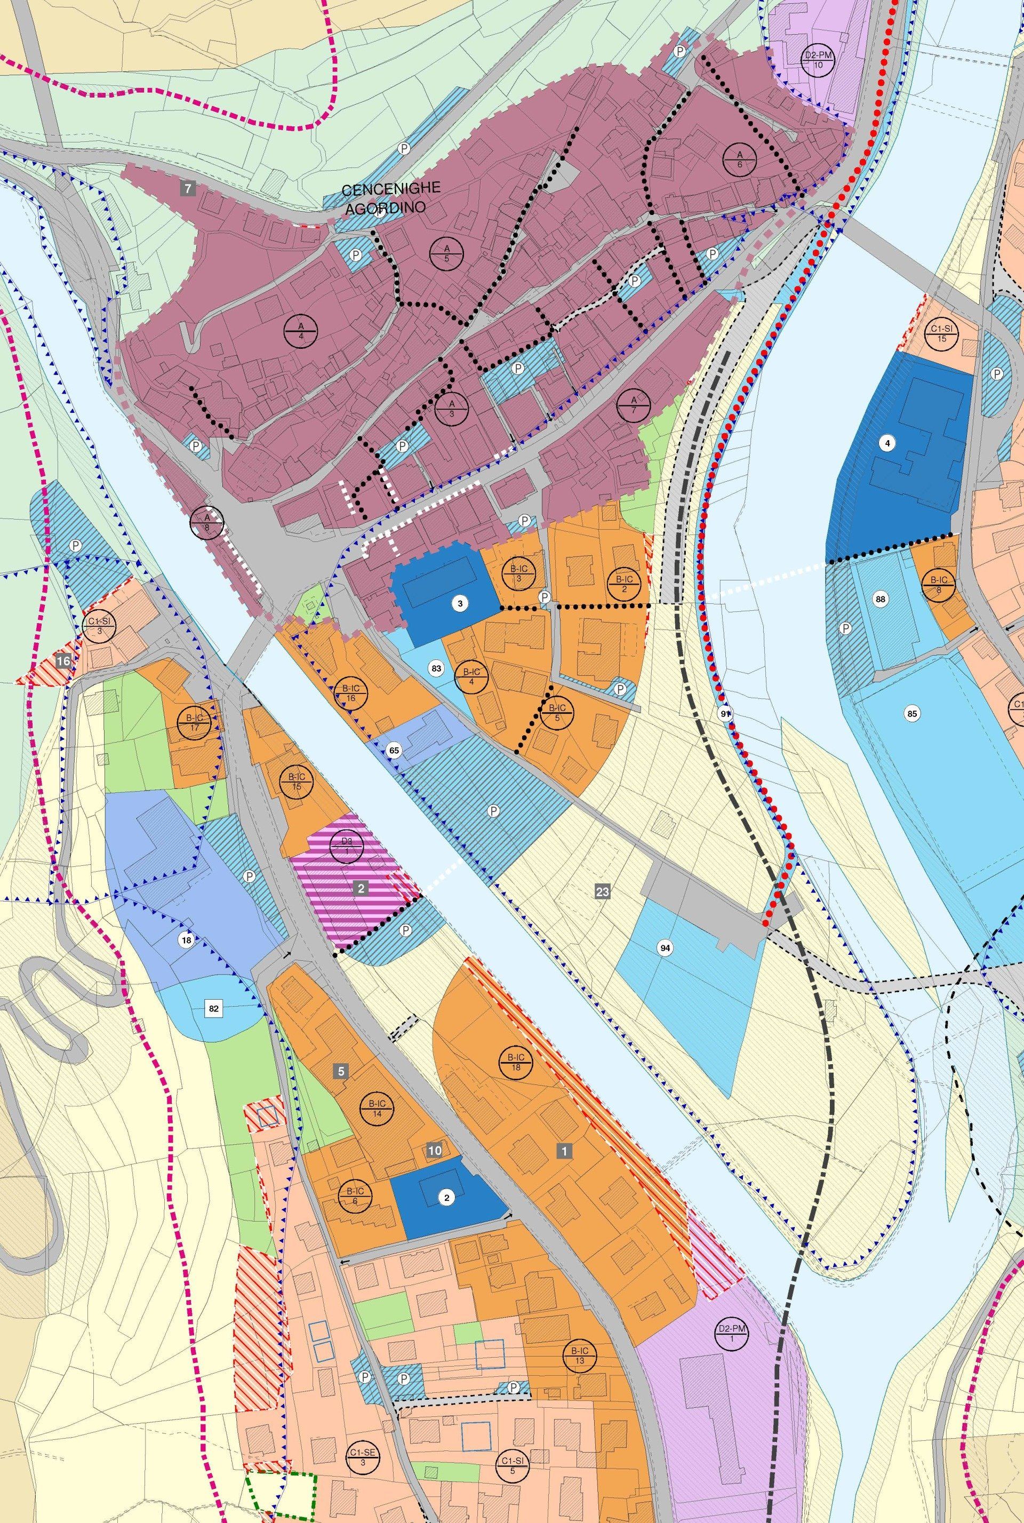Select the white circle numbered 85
tap(913, 714)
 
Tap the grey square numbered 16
tap(63, 661)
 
